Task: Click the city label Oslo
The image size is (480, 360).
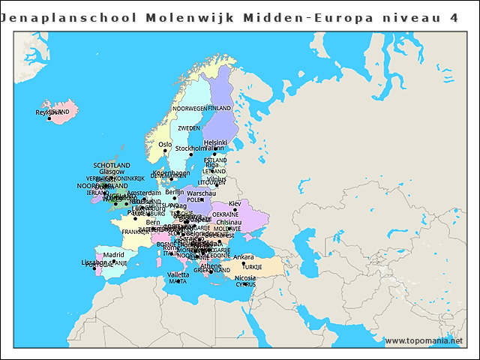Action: click(165, 144)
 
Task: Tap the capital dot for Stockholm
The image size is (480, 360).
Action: click(190, 155)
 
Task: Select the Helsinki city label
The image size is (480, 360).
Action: click(215, 142)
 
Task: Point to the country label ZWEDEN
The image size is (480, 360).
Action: click(189, 128)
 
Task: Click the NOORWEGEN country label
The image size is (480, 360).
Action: click(189, 109)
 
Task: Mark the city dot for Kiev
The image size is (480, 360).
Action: click(235, 210)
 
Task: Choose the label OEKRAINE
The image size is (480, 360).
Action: click(225, 215)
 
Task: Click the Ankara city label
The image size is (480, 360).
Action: click(244, 257)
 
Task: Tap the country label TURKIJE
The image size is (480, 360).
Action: click(252, 267)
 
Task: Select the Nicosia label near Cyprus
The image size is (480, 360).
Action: click(245, 277)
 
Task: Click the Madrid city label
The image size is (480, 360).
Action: click(114, 255)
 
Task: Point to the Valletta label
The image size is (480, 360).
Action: click(178, 274)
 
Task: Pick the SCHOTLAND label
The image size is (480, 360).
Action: click(112, 165)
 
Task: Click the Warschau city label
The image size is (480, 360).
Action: click(202, 193)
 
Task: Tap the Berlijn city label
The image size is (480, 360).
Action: click(175, 192)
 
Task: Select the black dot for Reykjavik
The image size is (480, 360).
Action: click(49, 118)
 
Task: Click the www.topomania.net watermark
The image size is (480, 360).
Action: click(424, 340)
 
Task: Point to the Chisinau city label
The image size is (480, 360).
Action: click(229, 223)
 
